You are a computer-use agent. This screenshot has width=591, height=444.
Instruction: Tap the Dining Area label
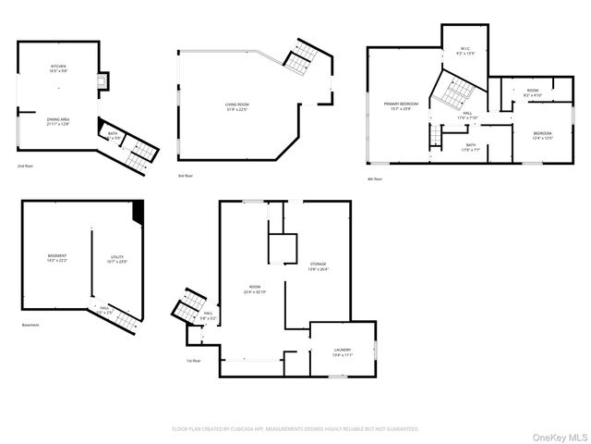click(58, 121)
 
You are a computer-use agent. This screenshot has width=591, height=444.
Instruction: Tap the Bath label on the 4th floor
click(471, 146)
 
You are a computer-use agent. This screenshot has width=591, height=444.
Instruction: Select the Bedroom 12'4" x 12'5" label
click(542, 136)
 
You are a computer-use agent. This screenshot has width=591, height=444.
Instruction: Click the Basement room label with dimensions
click(57, 258)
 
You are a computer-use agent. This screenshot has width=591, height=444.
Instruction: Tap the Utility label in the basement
click(117, 259)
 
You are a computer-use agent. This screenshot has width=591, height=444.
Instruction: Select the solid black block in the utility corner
click(139, 212)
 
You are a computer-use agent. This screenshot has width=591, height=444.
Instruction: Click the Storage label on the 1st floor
click(319, 269)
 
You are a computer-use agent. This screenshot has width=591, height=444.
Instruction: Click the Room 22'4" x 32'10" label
click(254, 290)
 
